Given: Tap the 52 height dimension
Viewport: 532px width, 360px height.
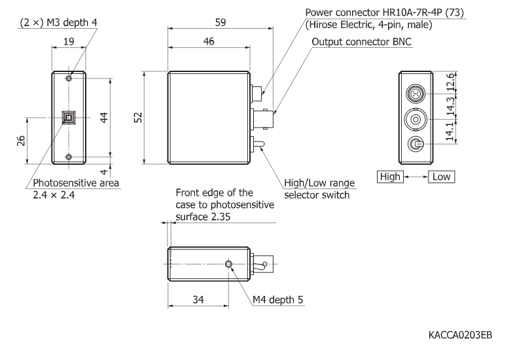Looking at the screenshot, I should [x=138, y=118].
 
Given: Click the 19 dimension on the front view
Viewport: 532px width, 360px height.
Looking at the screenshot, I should [x=68, y=41].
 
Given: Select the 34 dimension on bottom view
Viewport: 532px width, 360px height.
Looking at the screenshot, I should [x=198, y=300].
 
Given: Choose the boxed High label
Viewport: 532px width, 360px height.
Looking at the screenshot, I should [x=390, y=177].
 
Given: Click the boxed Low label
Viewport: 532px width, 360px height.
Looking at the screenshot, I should [x=441, y=177].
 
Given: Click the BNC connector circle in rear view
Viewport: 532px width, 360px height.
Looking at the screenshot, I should [x=415, y=119].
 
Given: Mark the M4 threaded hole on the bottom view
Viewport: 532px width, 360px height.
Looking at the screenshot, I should [x=228, y=264].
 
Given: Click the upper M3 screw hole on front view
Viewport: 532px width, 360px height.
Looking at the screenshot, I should [x=68, y=79].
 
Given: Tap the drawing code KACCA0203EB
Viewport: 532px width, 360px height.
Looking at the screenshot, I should [x=460, y=336].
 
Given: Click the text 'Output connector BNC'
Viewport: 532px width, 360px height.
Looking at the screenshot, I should [x=366, y=42].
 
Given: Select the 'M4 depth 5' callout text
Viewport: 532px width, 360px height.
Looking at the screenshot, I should [x=277, y=300].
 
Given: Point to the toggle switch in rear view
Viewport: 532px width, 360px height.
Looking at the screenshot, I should [x=415, y=145].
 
